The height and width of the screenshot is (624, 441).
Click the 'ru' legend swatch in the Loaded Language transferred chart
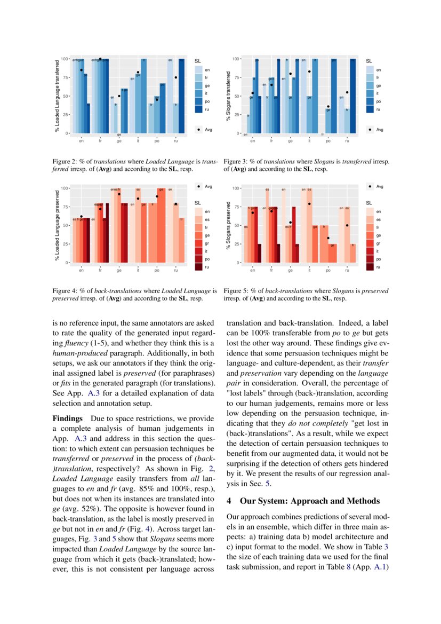point(198,109)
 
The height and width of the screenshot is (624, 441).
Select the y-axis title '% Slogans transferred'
point(229,96)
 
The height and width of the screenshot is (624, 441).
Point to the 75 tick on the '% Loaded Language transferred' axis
point(65,77)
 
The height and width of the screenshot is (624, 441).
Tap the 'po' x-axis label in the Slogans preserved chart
point(328,271)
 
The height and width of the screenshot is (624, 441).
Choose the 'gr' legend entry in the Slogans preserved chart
point(370,243)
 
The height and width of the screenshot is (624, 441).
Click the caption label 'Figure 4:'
point(65,291)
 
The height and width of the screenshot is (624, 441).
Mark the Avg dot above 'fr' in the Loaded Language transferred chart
point(100,59)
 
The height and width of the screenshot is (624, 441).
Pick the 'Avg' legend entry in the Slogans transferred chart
point(379,129)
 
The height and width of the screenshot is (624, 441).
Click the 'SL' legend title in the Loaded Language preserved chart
point(197,202)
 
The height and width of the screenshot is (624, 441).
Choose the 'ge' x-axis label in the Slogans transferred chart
point(291,141)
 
